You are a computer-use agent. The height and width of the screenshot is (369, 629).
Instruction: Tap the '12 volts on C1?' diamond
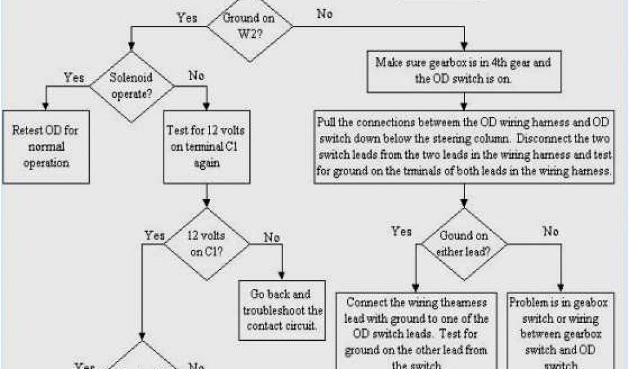click(207, 244)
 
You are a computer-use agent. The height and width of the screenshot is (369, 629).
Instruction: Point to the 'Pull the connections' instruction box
click(464, 146)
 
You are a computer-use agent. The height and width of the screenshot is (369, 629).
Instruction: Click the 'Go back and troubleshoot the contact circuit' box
click(282, 310)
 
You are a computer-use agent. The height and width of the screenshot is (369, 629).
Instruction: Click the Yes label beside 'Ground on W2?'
click(187, 18)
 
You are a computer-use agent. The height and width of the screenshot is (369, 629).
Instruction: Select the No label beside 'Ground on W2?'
click(324, 14)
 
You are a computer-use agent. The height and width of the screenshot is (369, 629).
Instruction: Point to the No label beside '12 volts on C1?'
click(273, 237)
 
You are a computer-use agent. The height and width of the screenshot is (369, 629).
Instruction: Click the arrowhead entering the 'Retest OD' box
click(46, 106)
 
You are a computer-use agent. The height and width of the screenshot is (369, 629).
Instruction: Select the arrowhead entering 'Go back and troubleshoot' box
click(282, 276)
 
